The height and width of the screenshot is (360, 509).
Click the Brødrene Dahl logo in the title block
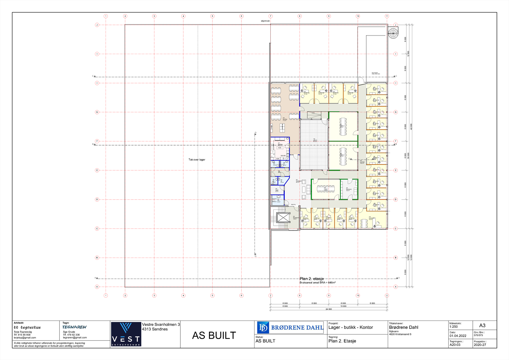pyautogui.click(x=290, y=327)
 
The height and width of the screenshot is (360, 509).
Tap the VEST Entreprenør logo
pyautogui.click(x=126, y=334)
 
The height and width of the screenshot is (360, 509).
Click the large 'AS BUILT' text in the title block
pyautogui.click(x=214, y=335)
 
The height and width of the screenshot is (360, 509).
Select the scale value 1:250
pyautogui.click(x=453, y=327)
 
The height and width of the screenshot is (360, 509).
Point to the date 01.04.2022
pyautogui.click(x=458, y=336)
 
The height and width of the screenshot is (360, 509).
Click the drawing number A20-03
pyautogui.click(x=455, y=345)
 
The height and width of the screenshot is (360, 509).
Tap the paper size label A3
pyautogui.click(x=482, y=325)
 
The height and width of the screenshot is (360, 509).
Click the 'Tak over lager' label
pyautogui.click(x=197, y=159)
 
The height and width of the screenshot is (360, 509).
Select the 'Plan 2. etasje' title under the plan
pyautogui.click(x=311, y=279)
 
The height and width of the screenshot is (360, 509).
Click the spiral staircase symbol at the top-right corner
pyautogui.click(x=393, y=33)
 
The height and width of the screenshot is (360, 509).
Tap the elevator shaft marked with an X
pyautogui.click(x=283, y=218)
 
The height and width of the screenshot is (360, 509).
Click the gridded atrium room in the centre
pyautogui.click(x=314, y=145)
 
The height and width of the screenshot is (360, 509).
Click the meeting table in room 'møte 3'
pyautogui.click(x=343, y=126)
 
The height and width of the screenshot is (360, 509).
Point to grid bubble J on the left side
pyautogui.click(x=97, y=25)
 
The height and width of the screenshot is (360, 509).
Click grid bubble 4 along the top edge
pyautogui.click(x=183, y=16)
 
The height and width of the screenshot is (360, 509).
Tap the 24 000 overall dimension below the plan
pyautogui.click(x=329, y=309)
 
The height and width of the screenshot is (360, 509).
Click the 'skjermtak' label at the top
pyautogui.click(x=265, y=21)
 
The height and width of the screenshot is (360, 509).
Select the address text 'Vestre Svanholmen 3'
pyautogui.click(x=161, y=324)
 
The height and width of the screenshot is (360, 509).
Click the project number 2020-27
pyautogui.click(x=480, y=345)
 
